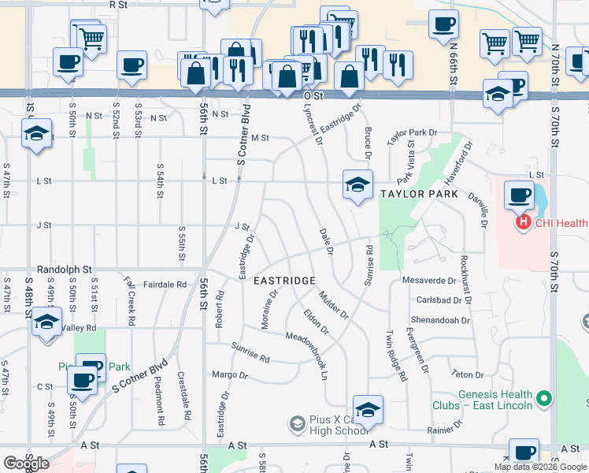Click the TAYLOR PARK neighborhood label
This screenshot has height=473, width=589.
[419, 193]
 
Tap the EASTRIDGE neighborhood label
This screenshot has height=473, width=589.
[284, 281]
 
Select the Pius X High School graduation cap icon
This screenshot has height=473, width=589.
[297, 424]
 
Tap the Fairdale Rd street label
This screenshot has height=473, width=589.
[165, 284]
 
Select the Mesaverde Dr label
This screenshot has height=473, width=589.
[429, 280]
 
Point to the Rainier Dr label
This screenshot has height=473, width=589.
[444, 430]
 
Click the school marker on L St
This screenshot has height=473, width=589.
[357, 185]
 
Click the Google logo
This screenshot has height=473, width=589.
[27, 464]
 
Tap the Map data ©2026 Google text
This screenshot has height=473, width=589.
[540, 467]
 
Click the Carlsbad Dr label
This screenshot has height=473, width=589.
[436, 300]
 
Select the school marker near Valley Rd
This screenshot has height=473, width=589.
[46, 322]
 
